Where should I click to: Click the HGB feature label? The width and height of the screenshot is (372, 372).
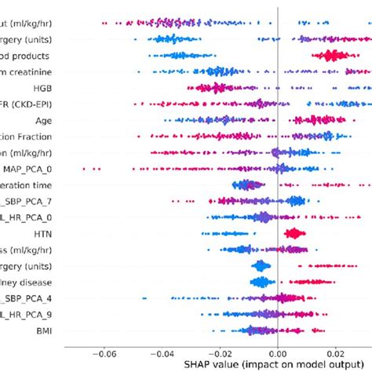point(42,88)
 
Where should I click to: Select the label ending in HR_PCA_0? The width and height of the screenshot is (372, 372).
point(27,217)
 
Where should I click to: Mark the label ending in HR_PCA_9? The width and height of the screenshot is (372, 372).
point(27,315)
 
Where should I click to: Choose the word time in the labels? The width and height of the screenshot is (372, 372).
point(43,185)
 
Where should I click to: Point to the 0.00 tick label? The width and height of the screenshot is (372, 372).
point(278,353)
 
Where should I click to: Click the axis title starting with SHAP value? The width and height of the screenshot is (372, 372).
point(262,365)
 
